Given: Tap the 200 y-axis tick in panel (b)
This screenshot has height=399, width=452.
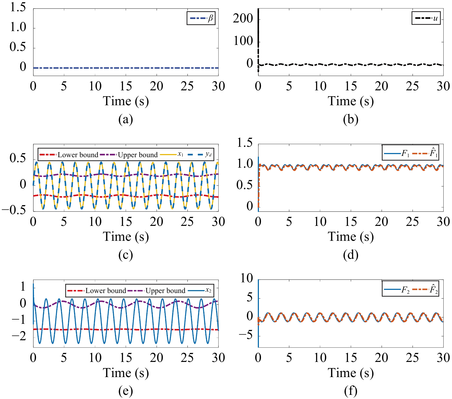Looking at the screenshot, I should (243, 19).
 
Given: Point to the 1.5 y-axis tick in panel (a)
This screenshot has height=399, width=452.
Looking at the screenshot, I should (18, 7).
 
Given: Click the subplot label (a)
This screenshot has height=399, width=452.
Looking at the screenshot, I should (126, 119).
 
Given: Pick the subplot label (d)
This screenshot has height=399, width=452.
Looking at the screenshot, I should (350, 255).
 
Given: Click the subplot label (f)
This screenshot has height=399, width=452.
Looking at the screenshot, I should (350, 391).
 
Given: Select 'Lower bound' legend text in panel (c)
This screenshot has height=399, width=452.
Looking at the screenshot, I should (78, 155).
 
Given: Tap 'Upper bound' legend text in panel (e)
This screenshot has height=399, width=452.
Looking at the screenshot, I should (165, 291).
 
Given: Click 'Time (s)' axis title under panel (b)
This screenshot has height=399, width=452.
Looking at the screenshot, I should (350, 101).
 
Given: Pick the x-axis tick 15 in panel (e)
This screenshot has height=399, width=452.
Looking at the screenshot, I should (126, 357).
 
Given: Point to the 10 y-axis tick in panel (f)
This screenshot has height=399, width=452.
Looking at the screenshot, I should (247, 278).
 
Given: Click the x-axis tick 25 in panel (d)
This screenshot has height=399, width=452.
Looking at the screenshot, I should (412, 222).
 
